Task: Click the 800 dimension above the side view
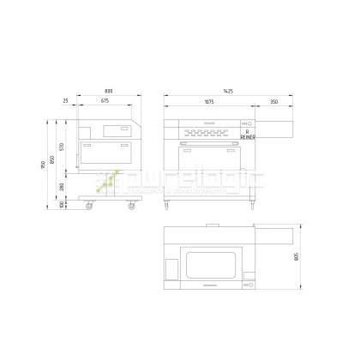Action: (109, 90)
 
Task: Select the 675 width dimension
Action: (105, 101)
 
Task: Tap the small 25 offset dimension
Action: (65, 101)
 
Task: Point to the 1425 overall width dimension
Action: (228, 90)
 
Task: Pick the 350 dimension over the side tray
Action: (273, 101)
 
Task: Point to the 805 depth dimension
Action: (297, 259)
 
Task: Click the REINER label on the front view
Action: (247, 136)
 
